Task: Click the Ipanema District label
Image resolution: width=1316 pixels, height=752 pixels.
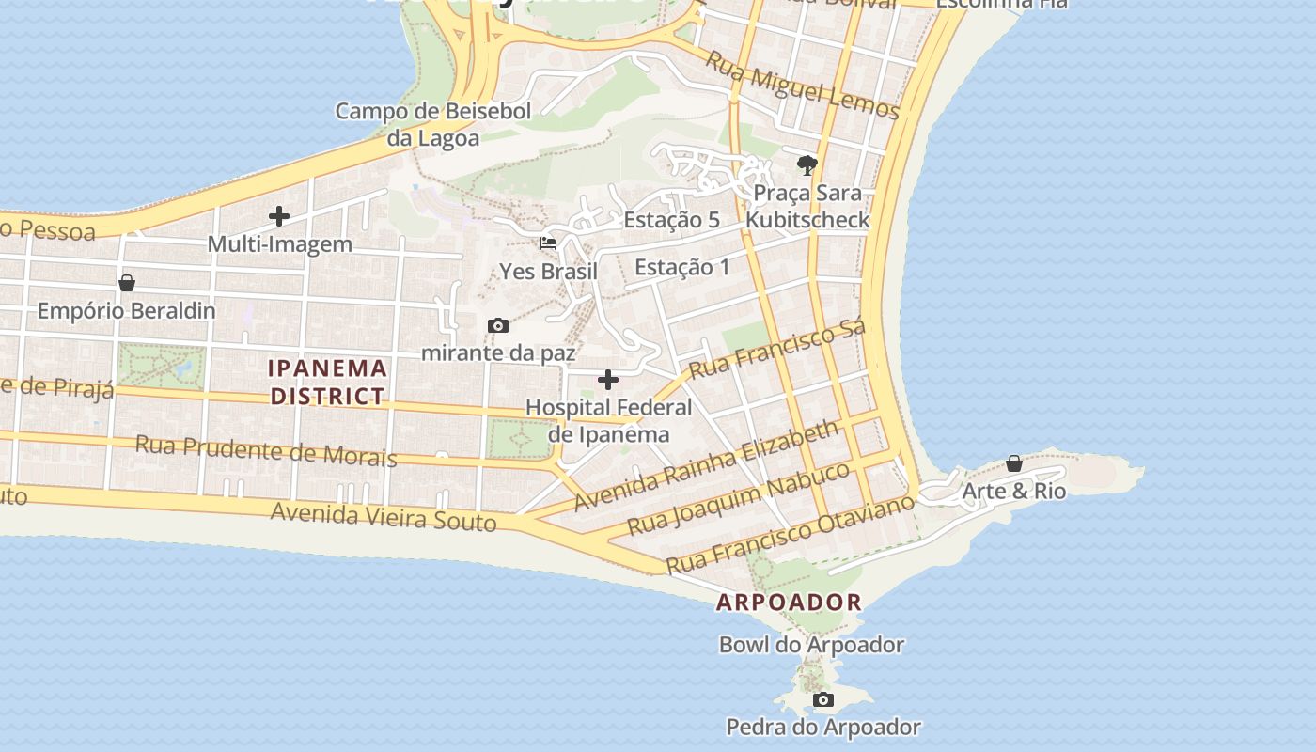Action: [328, 382]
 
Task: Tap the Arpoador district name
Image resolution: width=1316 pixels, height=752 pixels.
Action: [789, 603]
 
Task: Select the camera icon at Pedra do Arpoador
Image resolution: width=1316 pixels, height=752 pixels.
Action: [822, 699]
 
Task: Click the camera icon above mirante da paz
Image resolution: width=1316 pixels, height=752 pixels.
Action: [498, 325]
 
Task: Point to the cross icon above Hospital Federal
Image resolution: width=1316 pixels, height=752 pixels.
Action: [608, 380]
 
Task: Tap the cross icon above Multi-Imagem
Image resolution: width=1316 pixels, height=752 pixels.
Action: [279, 216]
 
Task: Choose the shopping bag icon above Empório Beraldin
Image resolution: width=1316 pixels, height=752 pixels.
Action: [127, 283]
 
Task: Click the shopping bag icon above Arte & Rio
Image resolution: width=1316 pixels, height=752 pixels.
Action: [1014, 463]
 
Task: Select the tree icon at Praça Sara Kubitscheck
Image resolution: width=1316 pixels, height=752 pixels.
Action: [807, 166]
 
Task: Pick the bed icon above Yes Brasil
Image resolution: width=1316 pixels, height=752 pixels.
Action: [548, 243]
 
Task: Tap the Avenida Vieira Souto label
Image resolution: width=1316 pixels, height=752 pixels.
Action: [384, 516]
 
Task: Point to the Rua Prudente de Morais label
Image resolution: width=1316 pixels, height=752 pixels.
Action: [266, 450]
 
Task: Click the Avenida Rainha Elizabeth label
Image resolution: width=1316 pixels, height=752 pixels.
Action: [706, 465]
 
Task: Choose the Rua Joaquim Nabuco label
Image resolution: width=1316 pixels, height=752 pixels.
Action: [739, 498]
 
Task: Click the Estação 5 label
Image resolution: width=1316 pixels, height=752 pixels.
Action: [671, 220]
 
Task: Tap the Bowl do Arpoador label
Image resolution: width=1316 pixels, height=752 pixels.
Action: [811, 645]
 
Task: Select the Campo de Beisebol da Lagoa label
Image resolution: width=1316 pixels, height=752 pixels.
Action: [433, 124]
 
